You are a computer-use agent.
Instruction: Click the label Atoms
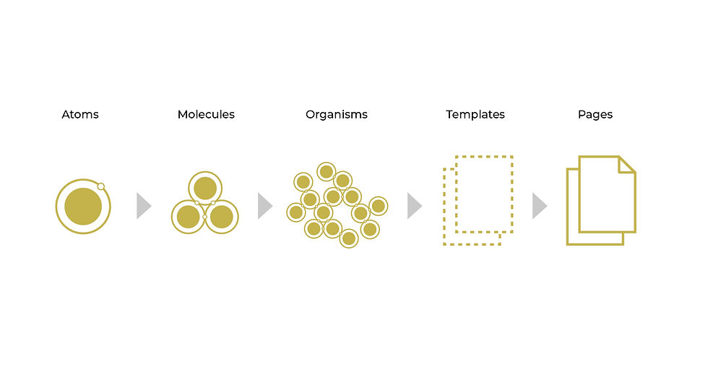[x=80, y=114]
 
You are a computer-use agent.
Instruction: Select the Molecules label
[x=206, y=114]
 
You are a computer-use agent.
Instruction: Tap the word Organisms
[x=336, y=114]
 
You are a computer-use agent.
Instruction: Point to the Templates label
[x=475, y=114]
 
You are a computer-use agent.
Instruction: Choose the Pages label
[x=595, y=114]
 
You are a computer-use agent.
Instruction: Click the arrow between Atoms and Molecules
[x=143, y=206]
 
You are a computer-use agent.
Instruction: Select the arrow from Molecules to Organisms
[x=264, y=206]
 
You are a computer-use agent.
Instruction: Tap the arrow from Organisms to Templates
[x=413, y=206]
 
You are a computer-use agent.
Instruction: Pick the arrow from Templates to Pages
[x=539, y=206]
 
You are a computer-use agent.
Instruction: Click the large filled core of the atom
[x=83, y=206]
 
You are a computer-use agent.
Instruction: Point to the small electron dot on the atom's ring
[x=101, y=186]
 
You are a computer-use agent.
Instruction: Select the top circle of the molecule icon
[x=205, y=187]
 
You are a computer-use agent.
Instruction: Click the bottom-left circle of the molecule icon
[x=188, y=216]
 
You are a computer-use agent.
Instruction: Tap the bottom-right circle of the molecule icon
[x=222, y=216]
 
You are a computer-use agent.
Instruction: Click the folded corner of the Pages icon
[x=627, y=165]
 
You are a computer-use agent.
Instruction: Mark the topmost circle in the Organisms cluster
[x=326, y=171]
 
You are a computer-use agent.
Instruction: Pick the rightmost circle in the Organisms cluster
[x=378, y=206]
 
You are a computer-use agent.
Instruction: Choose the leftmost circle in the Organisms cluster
[x=295, y=212]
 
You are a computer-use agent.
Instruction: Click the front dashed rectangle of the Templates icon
[x=484, y=194]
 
